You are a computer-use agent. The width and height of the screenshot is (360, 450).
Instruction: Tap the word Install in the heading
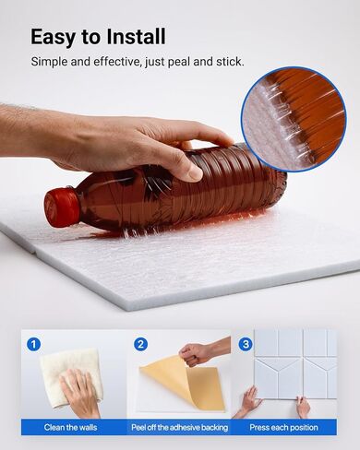[x=136, y=37]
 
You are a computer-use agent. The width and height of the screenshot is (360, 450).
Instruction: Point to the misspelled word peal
[x=179, y=62]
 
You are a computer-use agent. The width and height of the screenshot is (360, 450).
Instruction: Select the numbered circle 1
[x=34, y=344]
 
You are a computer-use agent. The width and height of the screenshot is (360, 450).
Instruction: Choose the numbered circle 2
[x=140, y=344]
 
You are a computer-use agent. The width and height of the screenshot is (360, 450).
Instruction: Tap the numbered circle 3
[x=246, y=344]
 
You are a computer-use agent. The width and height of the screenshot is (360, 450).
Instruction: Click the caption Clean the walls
[x=70, y=427]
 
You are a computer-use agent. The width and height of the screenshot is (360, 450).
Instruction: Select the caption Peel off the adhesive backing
[x=180, y=427]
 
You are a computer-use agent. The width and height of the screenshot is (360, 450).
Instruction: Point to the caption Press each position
[x=283, y=427]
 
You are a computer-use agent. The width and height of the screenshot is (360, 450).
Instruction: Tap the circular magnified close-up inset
[x=294, y=119]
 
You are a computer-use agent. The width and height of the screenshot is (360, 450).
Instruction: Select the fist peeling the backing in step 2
[x=195, y=354]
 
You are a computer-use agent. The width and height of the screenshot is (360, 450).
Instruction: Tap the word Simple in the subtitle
[x=49, y=62]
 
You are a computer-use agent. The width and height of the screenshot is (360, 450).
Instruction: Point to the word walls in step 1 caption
[x=87, y=427]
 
